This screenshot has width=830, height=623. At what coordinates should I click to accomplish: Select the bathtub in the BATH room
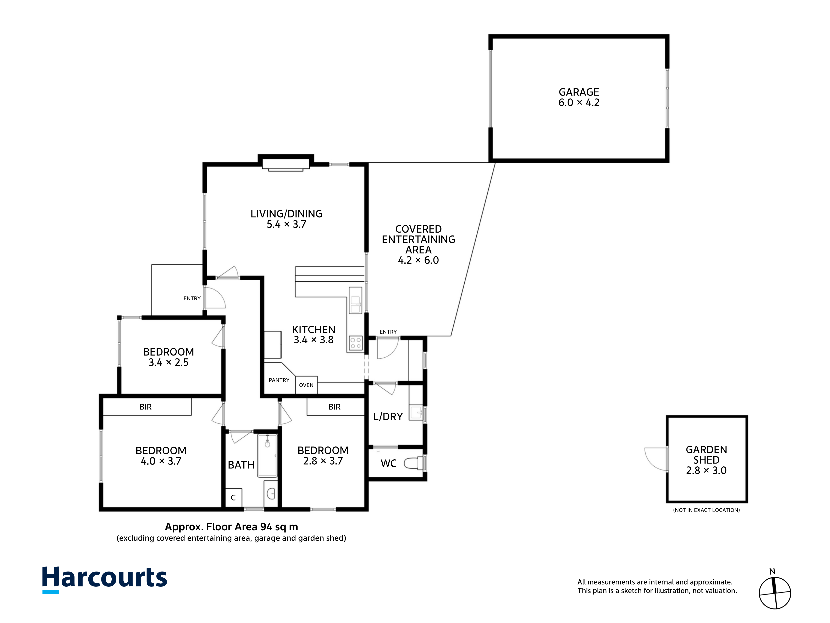coord(267,455)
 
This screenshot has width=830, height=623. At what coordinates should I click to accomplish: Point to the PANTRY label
coord(279,380)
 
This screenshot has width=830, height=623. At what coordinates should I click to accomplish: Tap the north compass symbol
coord(774,593)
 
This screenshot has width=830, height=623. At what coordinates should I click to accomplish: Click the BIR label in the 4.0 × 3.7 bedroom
coord(146,407)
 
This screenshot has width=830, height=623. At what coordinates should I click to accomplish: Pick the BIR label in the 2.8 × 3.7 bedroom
coord(334,407)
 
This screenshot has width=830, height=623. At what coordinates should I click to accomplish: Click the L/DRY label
coord(388,416)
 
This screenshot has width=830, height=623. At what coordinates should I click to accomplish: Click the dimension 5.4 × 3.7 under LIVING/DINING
coord(286,224)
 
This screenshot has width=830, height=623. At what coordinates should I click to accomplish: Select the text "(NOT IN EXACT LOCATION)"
coord(706,510)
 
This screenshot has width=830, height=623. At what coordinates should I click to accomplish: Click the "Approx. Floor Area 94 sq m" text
coord(232,527)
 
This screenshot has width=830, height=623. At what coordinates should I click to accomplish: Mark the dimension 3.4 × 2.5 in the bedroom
coord(168,362)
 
